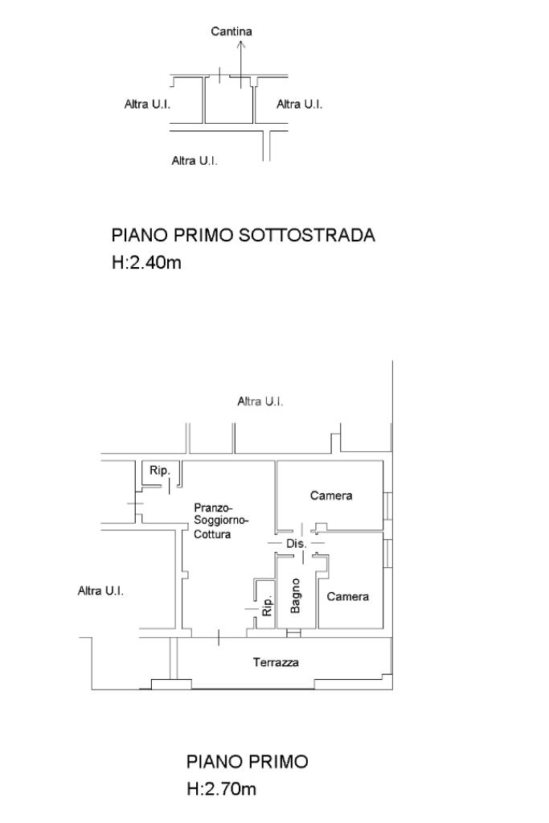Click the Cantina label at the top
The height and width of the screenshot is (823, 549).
click(231, 31)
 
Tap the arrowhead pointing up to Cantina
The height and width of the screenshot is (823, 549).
click(240, 47)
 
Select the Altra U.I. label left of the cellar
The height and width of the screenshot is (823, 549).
click(147, 105)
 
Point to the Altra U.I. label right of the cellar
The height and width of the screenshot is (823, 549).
click(299, 105)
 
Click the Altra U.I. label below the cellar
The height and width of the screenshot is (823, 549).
click(195, 161)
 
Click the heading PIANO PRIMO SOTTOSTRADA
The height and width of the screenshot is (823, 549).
click(243, 236)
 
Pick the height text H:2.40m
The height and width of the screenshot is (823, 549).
click(146, 262)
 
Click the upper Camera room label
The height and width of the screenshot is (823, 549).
click(331, 496)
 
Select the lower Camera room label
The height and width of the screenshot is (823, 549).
click(348, 597)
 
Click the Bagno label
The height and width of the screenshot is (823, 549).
click(296, 595)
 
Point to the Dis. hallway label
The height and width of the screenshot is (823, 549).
click(297, 545)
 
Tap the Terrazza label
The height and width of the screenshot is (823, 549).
click(276, 663)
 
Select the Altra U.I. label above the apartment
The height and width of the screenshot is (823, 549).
click(260, 401)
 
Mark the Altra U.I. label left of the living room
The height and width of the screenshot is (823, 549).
click(100, 591)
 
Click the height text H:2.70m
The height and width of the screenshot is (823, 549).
click(221, 789)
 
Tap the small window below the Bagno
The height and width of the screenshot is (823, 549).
click(293, 633)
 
